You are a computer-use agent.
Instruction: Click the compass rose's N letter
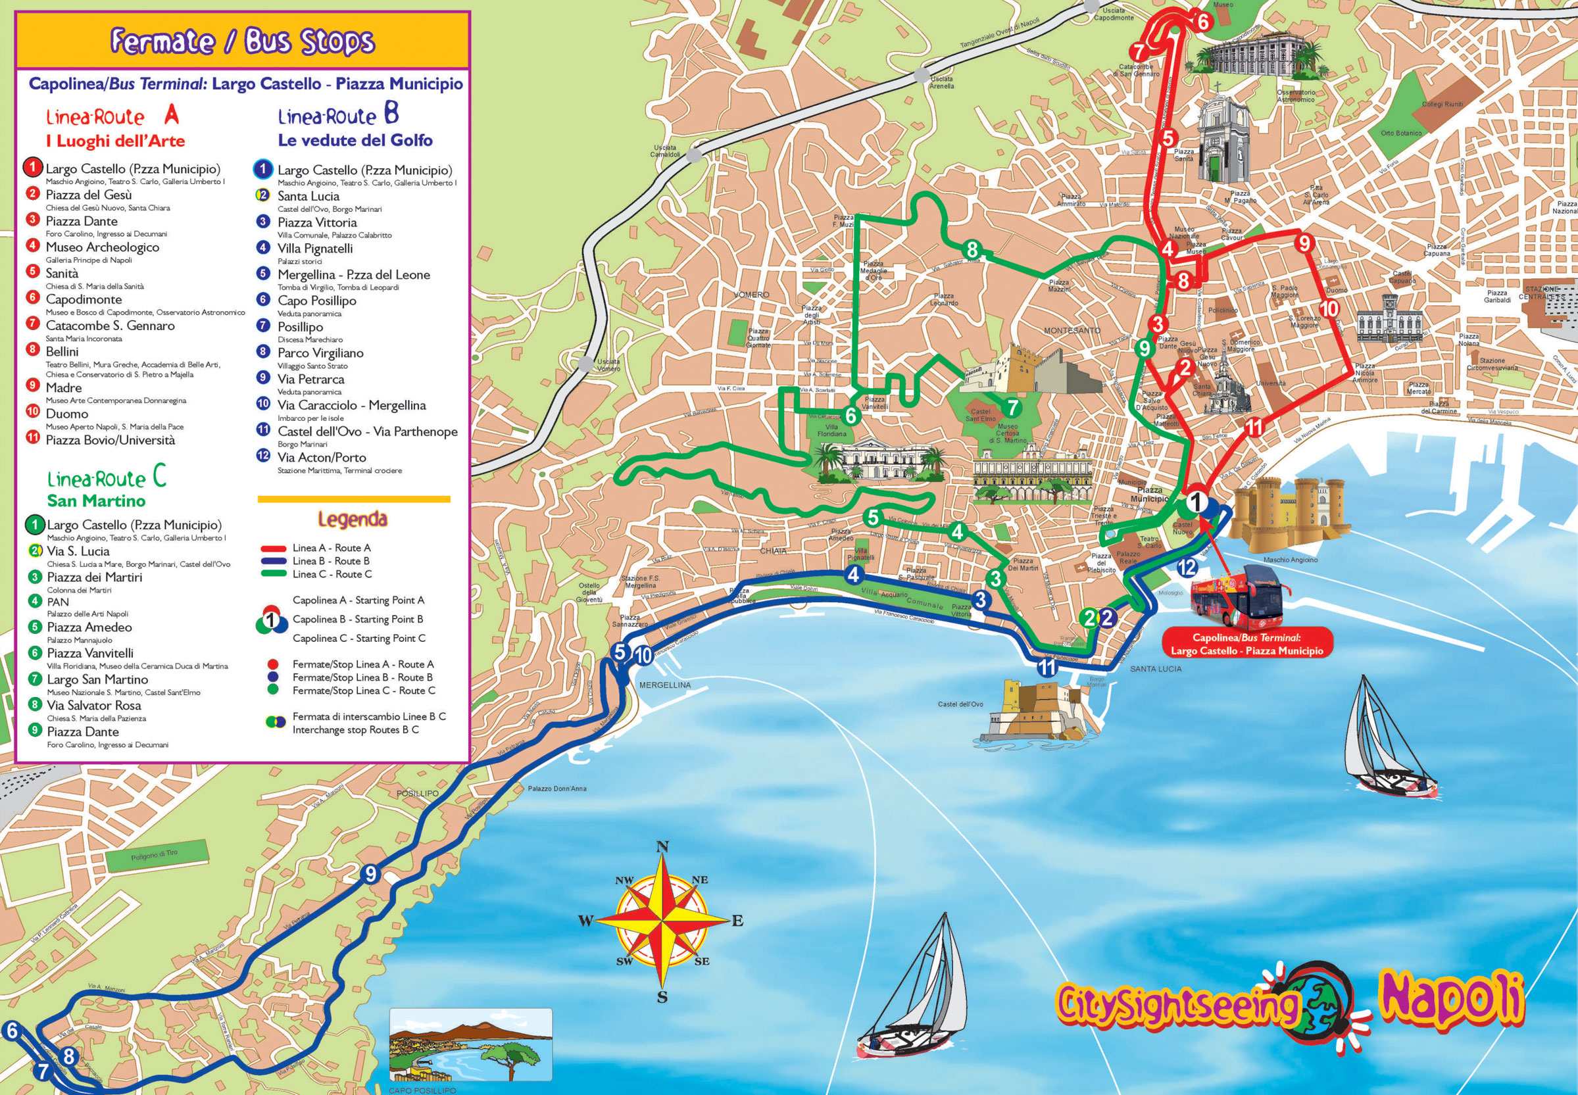662,846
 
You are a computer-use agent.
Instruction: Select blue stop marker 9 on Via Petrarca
370,874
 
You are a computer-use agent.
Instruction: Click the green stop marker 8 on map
971,250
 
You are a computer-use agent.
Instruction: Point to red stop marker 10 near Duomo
1328,308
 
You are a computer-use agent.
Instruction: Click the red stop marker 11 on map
1254,427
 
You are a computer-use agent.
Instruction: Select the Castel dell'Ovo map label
960,704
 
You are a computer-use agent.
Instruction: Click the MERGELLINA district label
665,685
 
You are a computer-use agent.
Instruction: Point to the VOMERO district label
751,295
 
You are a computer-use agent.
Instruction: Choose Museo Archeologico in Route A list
102,247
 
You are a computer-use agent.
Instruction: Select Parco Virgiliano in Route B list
320,353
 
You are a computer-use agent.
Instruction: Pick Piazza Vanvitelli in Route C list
90,653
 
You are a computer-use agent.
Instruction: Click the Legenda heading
352,520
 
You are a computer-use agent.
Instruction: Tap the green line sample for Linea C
273,574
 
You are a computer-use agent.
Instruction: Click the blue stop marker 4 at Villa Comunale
854,575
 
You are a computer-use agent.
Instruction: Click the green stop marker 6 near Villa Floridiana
851,416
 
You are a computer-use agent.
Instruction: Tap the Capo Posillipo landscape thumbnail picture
471,1045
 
